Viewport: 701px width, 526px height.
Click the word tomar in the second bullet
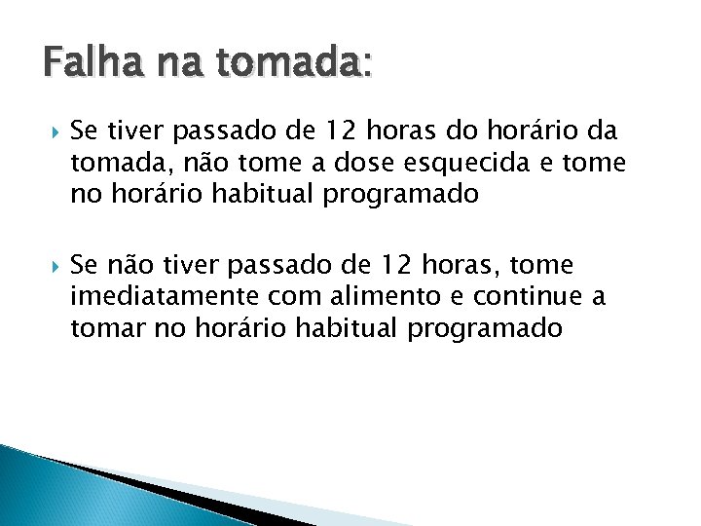[106, 328]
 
